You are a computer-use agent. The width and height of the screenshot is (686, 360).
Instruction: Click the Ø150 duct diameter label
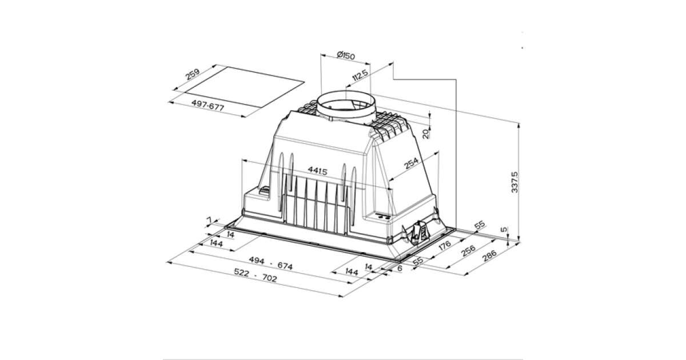click(346, 56)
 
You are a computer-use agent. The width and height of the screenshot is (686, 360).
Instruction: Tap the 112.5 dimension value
click(360, 75)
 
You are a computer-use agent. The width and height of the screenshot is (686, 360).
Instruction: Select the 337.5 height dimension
click(515, 182)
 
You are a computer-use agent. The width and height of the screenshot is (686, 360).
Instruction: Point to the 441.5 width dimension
click(318, 170)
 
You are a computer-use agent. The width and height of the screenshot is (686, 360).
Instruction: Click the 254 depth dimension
click(411, 163)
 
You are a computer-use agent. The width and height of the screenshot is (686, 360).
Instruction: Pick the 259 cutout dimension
click(193, 74)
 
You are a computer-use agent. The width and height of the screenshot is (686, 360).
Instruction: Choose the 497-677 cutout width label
click(208, 105)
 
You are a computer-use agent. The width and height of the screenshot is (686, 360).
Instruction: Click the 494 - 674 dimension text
click(271, 263)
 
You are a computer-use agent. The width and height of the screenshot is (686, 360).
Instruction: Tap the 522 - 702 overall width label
click(256, 275)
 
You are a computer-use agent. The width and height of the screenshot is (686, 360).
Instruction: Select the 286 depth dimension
click(489, 256)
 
